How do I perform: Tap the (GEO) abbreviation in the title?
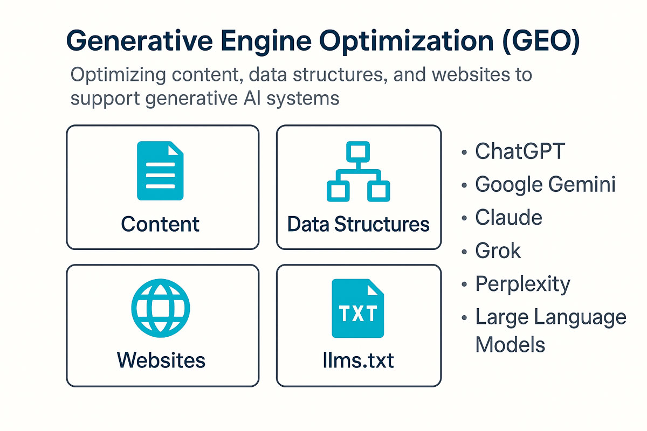click(541, 41)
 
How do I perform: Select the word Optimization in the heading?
click(407, 41)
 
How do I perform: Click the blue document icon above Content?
click(160, 171)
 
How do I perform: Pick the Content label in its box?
click(160, 224)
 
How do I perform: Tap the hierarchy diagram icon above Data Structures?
click(359, 171)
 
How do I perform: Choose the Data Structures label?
click(359, 224)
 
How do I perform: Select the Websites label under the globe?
click(161, 360)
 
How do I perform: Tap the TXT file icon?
click(358, 308)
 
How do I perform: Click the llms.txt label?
click(359, 360)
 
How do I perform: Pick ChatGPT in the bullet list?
click(520, 151)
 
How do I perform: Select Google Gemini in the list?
click(545, 184)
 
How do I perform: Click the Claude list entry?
click(508, 217)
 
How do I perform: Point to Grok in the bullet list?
click(498, 251)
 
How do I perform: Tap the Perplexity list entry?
click(523, 284)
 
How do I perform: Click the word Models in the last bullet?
click(510, 344)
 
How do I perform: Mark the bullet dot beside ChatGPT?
click(464, 152)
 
